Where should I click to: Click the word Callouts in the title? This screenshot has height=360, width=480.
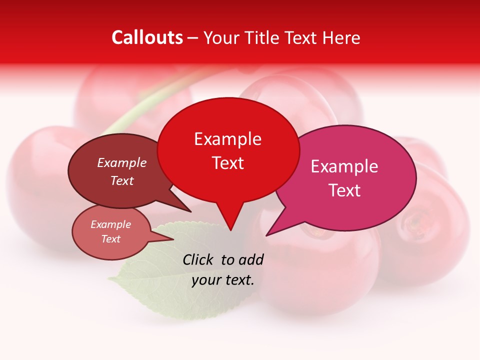pyautogui.click(x=147, y=37)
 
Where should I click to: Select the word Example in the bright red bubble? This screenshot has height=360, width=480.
pyautogui.click(x=227, y=139)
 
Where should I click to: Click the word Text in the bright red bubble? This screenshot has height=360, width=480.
pyautogui.click(x=228, y=163)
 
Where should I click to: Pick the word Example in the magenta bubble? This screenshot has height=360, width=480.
pyautogui.click(x=344, y=166)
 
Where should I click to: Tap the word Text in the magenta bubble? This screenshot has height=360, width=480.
pyautogui.click(x=344, y=190)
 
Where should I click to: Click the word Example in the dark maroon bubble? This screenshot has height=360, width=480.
pyautogui.click(x=121, y=162)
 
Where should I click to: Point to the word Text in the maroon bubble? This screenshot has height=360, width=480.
pyautogui.click(x=122, y=180)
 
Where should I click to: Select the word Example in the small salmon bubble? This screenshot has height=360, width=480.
pyautogui.click(x=110, y=224)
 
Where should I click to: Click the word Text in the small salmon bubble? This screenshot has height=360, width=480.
pyautogui.click(x=110, y=239)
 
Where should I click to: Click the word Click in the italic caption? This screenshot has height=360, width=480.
pyautogui.click(x=199, y=259)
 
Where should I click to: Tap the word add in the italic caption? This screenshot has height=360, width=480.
pyautogui.click(x=250, y=259)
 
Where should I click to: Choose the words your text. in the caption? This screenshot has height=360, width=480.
pyautogui.click(x=222, y=280)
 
